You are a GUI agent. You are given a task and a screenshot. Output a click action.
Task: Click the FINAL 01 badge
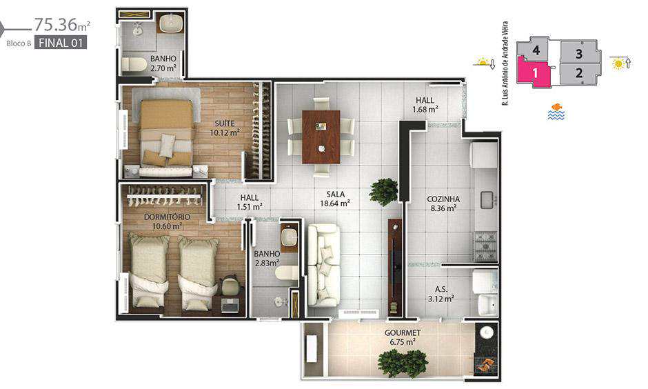click(x=61, y=43)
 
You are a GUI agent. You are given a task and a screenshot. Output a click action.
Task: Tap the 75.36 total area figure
click(x=57, y=25)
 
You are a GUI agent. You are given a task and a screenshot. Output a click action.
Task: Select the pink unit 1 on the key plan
click(x=534, y=72)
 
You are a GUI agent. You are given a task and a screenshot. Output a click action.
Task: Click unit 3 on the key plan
click(x=579, y=53)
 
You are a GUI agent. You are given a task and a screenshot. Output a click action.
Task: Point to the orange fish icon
click(x=557, y=107)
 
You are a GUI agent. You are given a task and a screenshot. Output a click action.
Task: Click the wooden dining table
click(x=321, y=137)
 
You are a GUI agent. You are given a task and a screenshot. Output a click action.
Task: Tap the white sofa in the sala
click(x=324, y=265)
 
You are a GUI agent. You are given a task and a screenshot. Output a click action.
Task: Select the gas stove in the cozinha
click(x=485, y=246)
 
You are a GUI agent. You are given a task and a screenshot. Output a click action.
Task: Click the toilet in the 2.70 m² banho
click(x=134, y=65)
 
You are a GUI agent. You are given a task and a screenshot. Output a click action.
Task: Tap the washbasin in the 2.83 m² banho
click(x=288, y=237)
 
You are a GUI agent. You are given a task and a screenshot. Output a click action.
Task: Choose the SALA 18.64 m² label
click(x=335, y=199)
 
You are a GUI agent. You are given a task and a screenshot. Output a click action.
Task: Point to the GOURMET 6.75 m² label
click(x=403, y=337)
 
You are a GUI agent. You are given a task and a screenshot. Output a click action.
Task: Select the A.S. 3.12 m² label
click(x=441, y=294)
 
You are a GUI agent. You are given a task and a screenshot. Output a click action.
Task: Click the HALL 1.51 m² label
click(x=250, y=202)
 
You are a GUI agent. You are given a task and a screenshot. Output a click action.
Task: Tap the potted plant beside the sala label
click(x=383, y=192)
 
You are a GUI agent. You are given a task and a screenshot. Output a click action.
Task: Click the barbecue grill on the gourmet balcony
click(x=485, y=364)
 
